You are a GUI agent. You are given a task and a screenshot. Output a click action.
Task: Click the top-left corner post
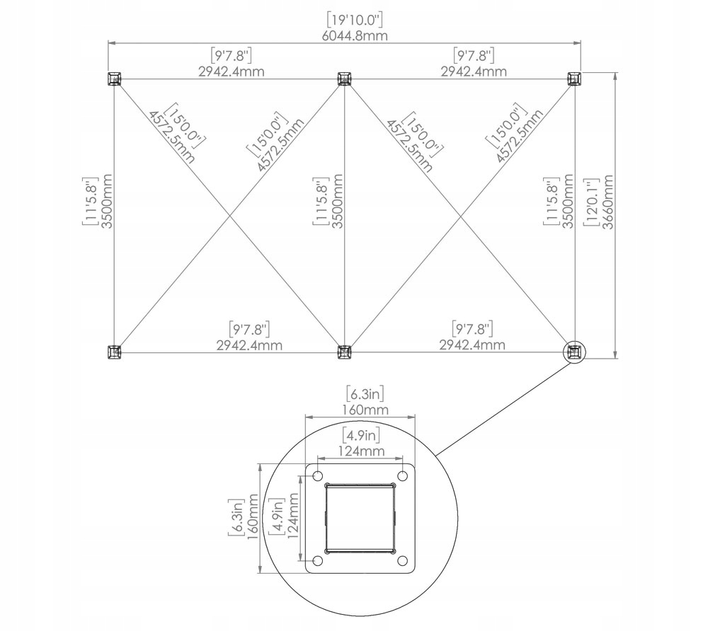(114, 79)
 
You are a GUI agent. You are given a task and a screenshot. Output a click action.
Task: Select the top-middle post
(344, 79)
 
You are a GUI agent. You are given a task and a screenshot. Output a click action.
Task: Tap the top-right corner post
(574, 79)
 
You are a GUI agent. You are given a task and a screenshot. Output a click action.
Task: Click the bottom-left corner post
(114, 352)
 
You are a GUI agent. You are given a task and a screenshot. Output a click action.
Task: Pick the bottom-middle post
(344, 352)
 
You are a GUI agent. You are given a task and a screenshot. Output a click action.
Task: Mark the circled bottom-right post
(575, 352)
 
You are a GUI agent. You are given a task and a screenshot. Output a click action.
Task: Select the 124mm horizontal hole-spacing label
(360, 451)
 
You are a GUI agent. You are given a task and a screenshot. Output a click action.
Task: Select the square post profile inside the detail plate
(360, 518)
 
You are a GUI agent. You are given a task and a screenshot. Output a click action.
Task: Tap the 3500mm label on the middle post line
(338, 202)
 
